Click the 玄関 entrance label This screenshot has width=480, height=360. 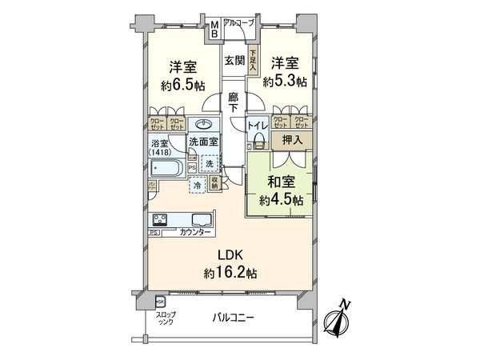[234, 61]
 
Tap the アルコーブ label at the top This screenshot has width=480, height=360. [239, 23]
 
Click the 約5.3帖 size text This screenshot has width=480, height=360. [287, 82]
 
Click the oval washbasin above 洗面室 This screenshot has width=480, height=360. [204, 125]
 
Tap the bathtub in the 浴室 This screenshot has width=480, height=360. [166, 169]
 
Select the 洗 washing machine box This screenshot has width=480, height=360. [208, 164]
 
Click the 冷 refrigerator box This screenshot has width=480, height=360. [197, 185]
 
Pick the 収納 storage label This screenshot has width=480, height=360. [215, 183]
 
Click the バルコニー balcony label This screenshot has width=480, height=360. [232, 318]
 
